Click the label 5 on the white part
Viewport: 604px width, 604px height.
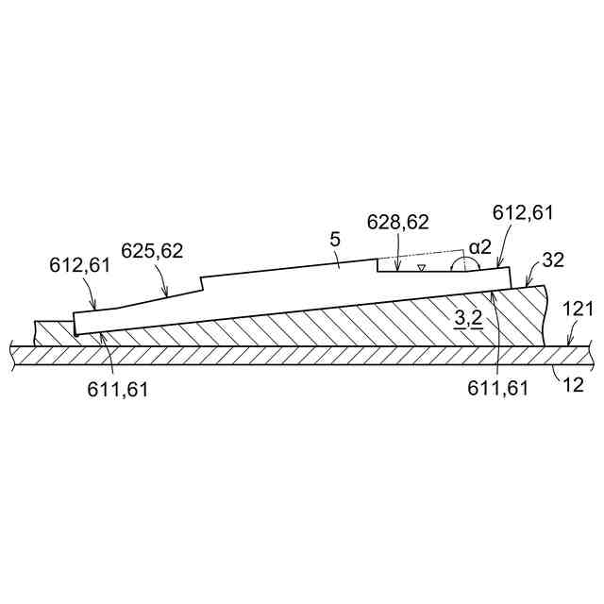pos(336,240)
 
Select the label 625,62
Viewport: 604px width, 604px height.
pos(152,251)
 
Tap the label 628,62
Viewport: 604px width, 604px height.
pos(398,223)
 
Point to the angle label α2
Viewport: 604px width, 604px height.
pos(480,247)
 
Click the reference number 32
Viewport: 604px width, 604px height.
pos(553,260)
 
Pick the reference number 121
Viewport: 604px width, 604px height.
pos(579,310)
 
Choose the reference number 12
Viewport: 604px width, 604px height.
pos(573,385)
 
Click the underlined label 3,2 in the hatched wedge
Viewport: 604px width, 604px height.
pos(469,319)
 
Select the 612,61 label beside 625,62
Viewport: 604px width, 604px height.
pos(79,265)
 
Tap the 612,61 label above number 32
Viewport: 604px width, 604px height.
pos(523,212)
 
